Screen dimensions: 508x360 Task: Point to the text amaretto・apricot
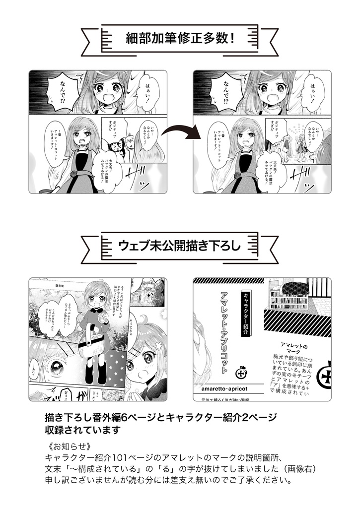coord(227,387)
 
